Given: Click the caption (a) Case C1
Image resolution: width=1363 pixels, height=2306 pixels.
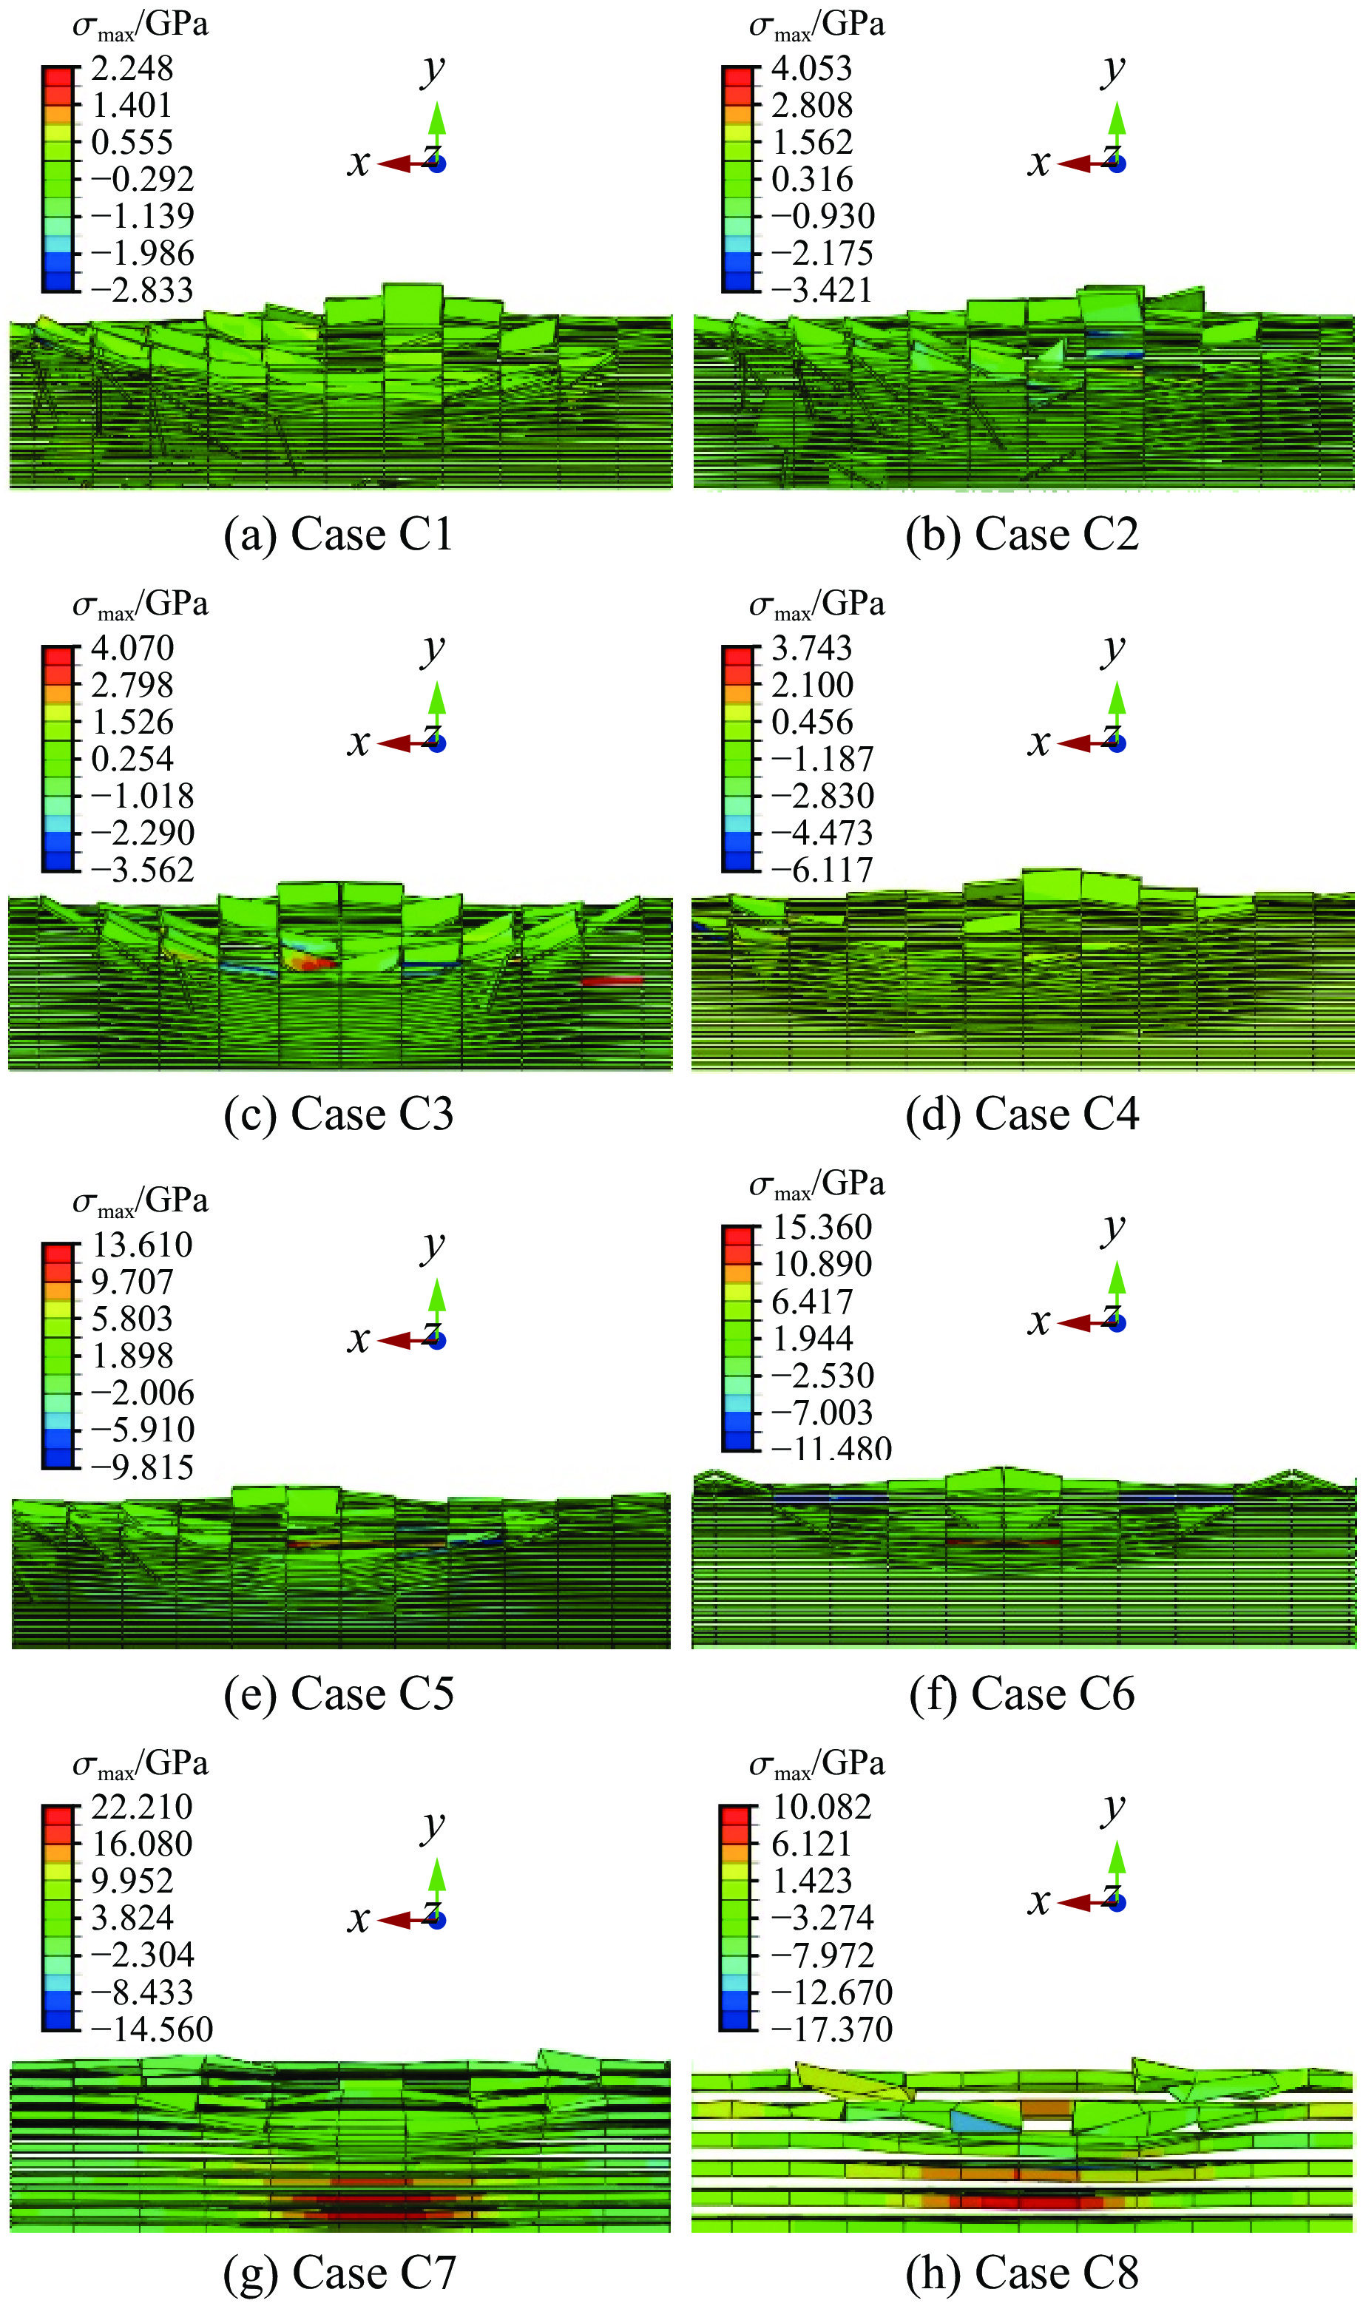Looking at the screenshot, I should pyautogui.click(x=339, y=535).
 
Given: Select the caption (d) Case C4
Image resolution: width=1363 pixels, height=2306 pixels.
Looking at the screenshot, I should pyautogui.click(x=1022, y=1115).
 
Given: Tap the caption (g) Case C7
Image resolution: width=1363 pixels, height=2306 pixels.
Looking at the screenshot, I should pyautogui.click(x=339, y=2273).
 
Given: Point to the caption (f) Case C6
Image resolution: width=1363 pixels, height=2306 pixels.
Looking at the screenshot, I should pyautogui.click(x=1022, y=1694).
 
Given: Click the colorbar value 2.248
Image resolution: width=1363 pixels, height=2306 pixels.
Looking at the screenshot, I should pyautogui.click(x=132, y=69).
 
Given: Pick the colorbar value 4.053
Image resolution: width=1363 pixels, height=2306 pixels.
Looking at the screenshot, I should pyautogui.click(x=812, y=69).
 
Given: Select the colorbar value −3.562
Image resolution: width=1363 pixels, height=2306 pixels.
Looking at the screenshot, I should pyautogui.click(x=142, y=870).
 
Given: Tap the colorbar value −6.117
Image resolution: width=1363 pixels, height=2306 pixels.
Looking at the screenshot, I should pyautogui.click(x=822, y=870).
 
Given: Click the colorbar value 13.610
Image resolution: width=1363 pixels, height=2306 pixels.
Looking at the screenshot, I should pyautogui.click(x=142, y=1245).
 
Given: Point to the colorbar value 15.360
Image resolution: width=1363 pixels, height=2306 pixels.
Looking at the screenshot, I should pyautogui.click(x=822, y=1228).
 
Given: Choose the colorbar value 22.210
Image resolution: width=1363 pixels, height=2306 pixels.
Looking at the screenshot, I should pyautogui.click(x=142, y=1806).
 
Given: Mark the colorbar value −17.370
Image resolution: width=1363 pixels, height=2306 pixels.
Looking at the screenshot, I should pyautogui.click(x=832, y=2029).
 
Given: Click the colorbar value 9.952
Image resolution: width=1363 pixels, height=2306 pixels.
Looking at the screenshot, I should pyautogui.click(x=132, y=1880).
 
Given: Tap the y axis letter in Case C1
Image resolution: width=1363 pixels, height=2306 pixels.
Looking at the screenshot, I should pyautogui.click(x=433, y=70).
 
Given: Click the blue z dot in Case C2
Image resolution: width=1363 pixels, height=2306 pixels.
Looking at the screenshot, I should pyautogui.click(x=1117, y=164).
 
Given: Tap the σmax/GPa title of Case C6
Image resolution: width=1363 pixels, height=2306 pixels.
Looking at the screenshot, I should pyautogui.click(x=816, y=1185).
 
